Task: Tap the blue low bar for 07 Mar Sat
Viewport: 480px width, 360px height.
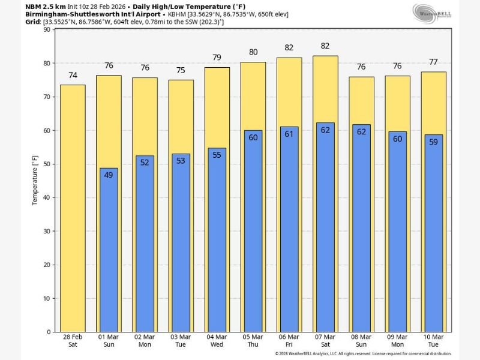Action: point(325,228)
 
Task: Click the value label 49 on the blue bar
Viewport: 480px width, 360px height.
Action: point(109,175)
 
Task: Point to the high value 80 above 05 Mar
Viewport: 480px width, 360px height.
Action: point(253,52)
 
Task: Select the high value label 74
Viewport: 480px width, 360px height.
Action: point(73,75)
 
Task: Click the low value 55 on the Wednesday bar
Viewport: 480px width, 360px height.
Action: point(217,155)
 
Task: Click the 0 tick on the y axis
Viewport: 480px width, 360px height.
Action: point(49,332)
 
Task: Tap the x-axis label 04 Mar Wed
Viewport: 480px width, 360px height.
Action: point(217,341)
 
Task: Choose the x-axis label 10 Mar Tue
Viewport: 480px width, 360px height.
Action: point(433,341)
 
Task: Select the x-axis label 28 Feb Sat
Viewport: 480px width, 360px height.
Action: point(73,341)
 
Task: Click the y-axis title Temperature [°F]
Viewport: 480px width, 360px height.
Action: point(35,181)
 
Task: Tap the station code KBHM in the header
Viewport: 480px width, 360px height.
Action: point(178,14)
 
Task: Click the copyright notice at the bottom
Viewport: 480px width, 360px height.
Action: point(363,354)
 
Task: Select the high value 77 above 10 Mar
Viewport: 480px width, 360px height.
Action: point(433,61)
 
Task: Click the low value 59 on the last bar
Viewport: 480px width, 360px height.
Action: point(433,142)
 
